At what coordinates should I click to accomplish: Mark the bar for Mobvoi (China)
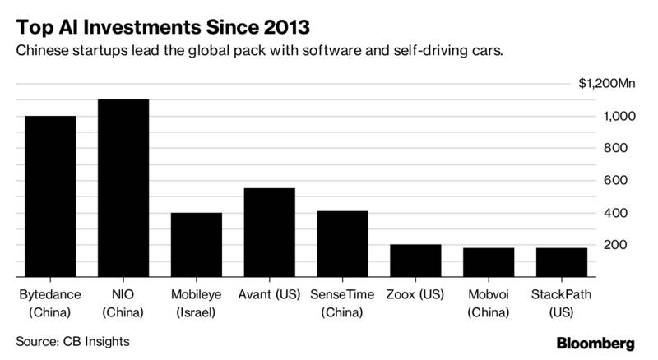point(489,262)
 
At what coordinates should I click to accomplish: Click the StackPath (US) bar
point(562,262)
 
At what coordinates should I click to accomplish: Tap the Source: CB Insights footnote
point(72,341)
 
